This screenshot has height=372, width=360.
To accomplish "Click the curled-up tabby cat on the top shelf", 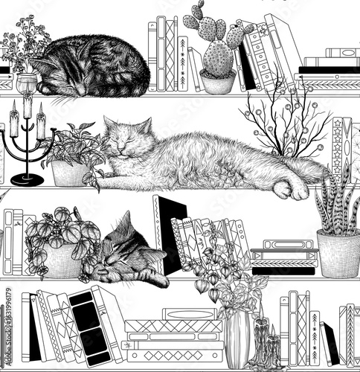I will [x=93, y=68].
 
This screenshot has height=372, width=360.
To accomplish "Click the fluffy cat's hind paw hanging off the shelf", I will [x=288, y=189].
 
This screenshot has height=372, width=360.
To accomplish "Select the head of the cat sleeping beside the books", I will [x=124, y=246].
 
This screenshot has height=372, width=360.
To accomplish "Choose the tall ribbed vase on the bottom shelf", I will [x=238, y=339].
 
